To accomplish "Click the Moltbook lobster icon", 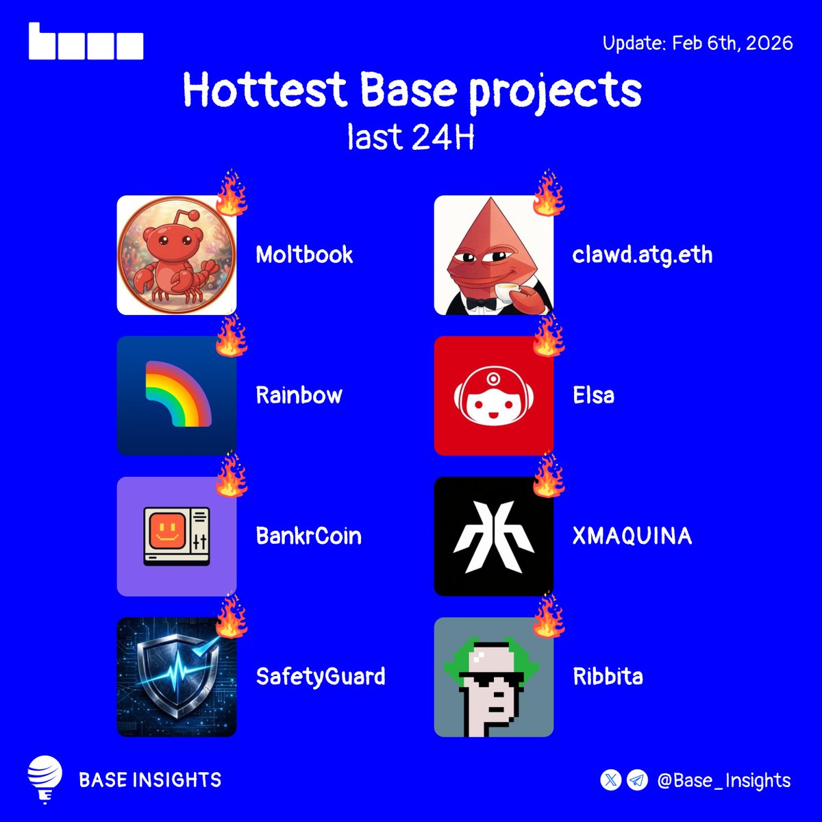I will point(177,256).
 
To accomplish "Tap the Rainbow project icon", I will point(177,396).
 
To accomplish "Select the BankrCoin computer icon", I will point(177,536).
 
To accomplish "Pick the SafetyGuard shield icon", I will point(177,677).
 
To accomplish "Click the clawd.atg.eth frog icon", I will point(494,256).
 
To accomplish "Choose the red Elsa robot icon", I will point(494,396).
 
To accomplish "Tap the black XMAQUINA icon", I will point(494,536).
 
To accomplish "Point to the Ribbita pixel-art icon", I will point(494,677).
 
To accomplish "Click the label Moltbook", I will point(304,256).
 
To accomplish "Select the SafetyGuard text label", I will point(321,677).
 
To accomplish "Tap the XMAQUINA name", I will point(632,536).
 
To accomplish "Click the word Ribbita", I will point(608,677).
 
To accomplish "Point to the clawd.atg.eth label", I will point(643,256).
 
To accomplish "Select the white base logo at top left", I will point(86,42).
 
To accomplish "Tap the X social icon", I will point(610,780).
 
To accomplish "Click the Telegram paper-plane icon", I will point(637,780).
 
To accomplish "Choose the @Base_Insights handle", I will point(723,780).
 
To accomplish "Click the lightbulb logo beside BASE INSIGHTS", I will point(45,780).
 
